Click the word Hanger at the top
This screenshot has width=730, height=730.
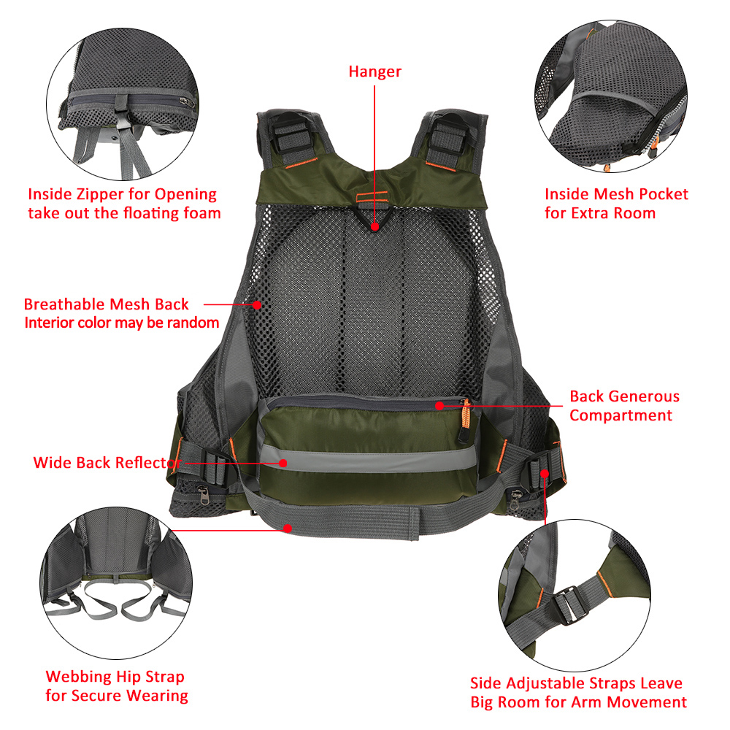(374, 72)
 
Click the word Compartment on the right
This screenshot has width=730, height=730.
(620, 415)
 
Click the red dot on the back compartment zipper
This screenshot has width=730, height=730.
(439, 404)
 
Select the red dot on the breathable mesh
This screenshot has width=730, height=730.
(257, 304)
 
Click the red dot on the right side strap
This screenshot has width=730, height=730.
(545, 473)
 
